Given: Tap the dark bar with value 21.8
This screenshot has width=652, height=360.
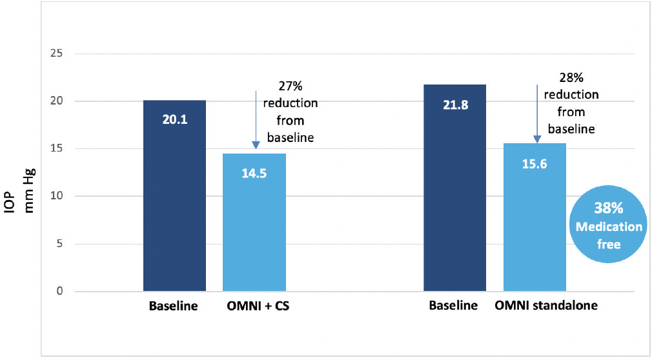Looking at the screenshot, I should coord(454,188).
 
